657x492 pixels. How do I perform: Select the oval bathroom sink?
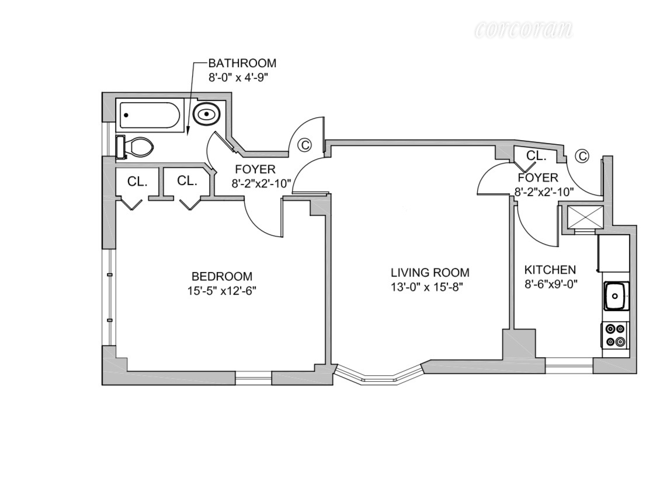206,114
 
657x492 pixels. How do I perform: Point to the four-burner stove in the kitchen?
616,335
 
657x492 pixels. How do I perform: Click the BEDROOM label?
222,276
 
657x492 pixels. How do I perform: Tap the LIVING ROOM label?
430,273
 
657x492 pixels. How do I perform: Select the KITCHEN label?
550,270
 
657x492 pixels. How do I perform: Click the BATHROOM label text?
242,64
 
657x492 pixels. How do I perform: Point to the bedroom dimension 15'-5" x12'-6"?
218,290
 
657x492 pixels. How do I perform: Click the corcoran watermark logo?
524,29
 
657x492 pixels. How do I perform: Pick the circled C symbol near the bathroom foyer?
304,145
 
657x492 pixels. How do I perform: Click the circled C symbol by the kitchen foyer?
582,156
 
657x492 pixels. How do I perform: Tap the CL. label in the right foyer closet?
536,156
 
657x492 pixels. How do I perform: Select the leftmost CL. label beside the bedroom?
137,181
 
